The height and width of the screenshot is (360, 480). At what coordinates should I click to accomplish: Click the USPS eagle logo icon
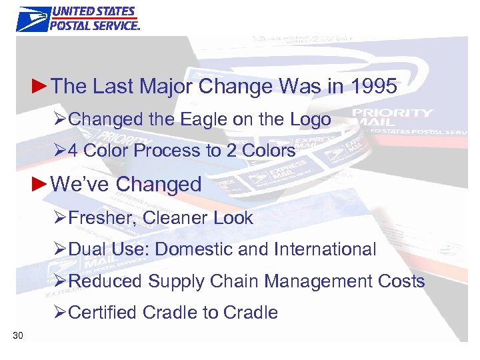pos(32,18)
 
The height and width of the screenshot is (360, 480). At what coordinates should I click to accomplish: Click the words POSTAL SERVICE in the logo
pos(95,25)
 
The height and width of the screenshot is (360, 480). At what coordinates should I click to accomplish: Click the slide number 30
pos(18,335)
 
